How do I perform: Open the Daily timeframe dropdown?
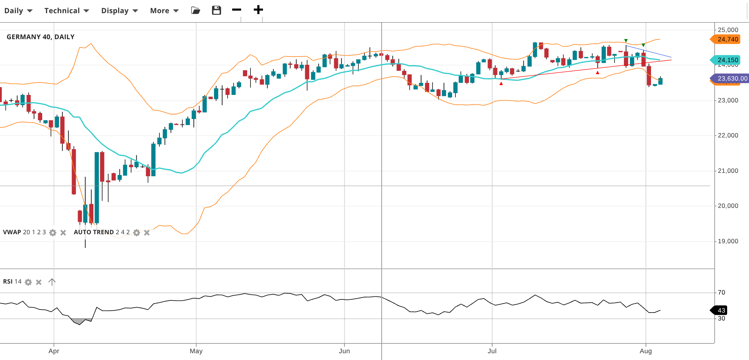(18, 11)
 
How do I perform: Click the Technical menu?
(66, 11)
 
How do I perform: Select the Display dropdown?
(119, 11)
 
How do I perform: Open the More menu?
(164, 11)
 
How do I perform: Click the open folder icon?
(196, 11)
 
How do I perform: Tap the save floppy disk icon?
(216, 10)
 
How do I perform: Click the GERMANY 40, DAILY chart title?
(41, 37)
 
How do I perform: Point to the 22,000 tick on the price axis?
(728, 136)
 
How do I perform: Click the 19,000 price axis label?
(728, 241)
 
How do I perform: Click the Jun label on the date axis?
(344, 351)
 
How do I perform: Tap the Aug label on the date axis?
(645, 351)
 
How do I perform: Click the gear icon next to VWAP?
(53, 233)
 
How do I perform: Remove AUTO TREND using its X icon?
(147, 233)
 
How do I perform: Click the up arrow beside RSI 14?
(52, 282)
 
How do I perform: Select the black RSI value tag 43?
(721, 310)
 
